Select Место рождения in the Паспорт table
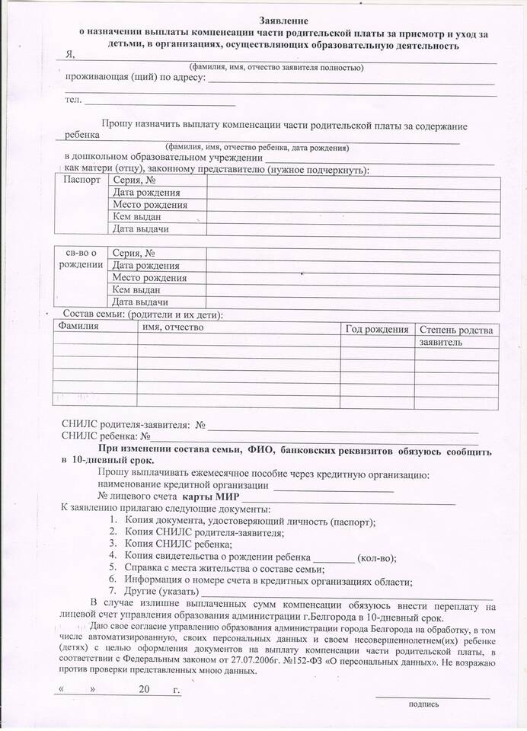pyautogui.click(x=149, y=205)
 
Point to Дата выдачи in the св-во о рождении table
pyautogui.click(x=140, y=302)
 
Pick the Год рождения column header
pyautogui.click(x=377, y=329)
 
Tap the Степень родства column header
pyautogui.click(x=456, y=330)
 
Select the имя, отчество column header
pyautogui.click(x=173, y=327)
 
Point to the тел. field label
pyautogui.click(x=73, y=101)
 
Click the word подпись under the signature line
pyautogui.click(x=423, y=704)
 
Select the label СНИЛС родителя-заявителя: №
pyautogui.click(x=134, y=425)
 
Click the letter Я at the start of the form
pyautogui.click(x=70, y=55)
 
